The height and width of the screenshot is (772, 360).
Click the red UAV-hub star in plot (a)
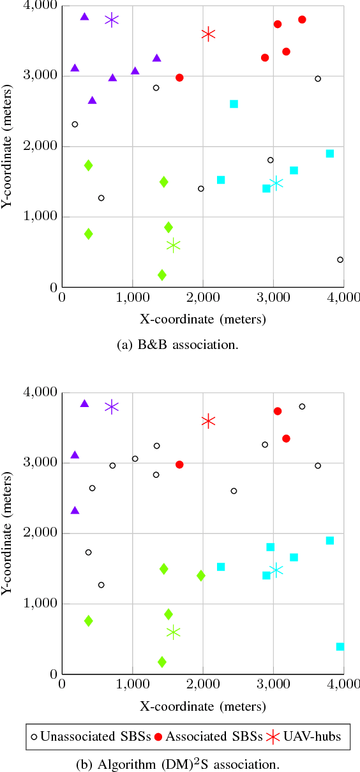coord(208,34)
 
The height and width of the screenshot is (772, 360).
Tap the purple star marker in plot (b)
coord(112,407)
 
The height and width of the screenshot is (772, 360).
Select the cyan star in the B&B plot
coord(276,183)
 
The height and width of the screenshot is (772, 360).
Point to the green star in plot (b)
coord(173,632)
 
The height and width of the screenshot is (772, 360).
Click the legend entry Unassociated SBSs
coord(90,736)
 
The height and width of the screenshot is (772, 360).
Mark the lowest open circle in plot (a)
coord(340,260)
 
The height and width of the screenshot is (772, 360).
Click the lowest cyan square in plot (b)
coord(340,646)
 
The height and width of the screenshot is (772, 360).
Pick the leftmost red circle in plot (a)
coord(179,78)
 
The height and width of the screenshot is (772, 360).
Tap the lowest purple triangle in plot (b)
coord(75,510)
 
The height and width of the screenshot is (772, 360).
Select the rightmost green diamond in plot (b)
coord(201,575)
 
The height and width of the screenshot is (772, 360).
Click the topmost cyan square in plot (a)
coord(234,104)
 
